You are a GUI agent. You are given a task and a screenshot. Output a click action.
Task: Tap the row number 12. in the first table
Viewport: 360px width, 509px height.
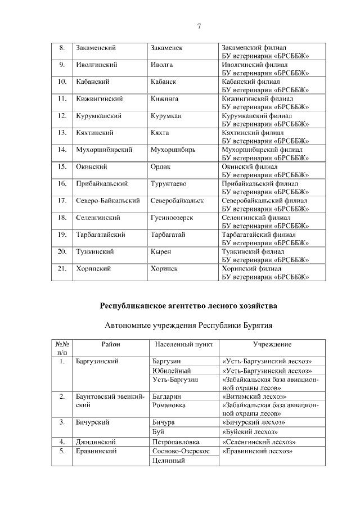(x=62, y=115)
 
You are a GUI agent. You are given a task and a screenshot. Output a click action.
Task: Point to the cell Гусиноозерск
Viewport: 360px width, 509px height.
(x=172, y=217)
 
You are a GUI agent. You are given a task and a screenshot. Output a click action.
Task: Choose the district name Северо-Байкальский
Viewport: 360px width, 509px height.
(x=107, y=200)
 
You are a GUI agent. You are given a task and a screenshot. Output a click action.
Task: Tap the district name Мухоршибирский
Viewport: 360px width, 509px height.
(x=103, y=150)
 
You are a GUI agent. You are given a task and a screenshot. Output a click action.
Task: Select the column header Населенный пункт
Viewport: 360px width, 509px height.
(x=183, y=344)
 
